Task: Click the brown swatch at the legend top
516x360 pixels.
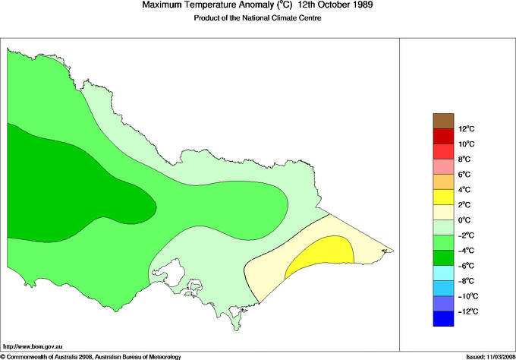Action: (442, 120)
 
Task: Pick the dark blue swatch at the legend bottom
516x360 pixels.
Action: (442, 319)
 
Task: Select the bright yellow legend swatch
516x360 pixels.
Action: (442, 197)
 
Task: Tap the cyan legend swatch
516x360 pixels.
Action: (442, 273)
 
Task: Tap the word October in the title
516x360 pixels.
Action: (317, 5)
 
